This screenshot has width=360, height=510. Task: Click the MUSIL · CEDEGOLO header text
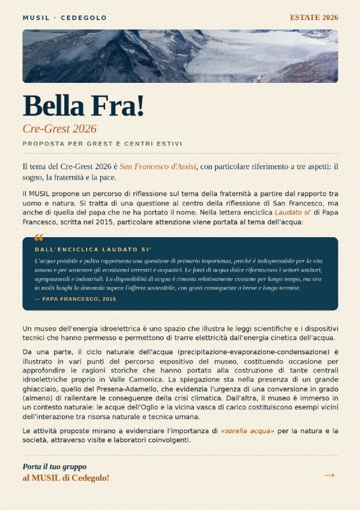click(x=64, y=18)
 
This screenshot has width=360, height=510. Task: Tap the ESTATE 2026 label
click(x=313, y=17)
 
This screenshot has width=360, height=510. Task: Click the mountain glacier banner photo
click(x=180, y=56)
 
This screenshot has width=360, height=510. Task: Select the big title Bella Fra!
click(x=83, y=105)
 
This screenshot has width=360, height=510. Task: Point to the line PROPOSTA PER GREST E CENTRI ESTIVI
click(x=102, y=143)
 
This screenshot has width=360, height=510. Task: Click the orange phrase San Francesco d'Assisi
click(x=157, y=166)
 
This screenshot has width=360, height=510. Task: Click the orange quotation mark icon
click(x=39, y=238)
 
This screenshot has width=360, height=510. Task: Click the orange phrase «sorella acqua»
click(x=247, y=432)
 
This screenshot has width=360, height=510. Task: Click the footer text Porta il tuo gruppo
click(x=54, y=467)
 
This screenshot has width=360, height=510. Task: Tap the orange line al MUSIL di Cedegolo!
click(x=66, y=477)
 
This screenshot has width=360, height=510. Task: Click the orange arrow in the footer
click(x=329, y=475)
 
